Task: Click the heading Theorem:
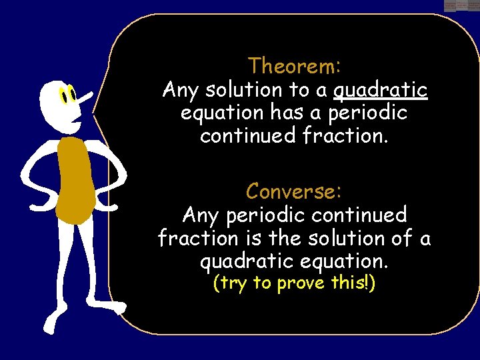point(295,66)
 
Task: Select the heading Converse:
point(294,191)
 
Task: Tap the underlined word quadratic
point(380,90)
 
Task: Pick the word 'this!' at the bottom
point(354,283)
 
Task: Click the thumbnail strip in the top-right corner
point(461,5)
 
